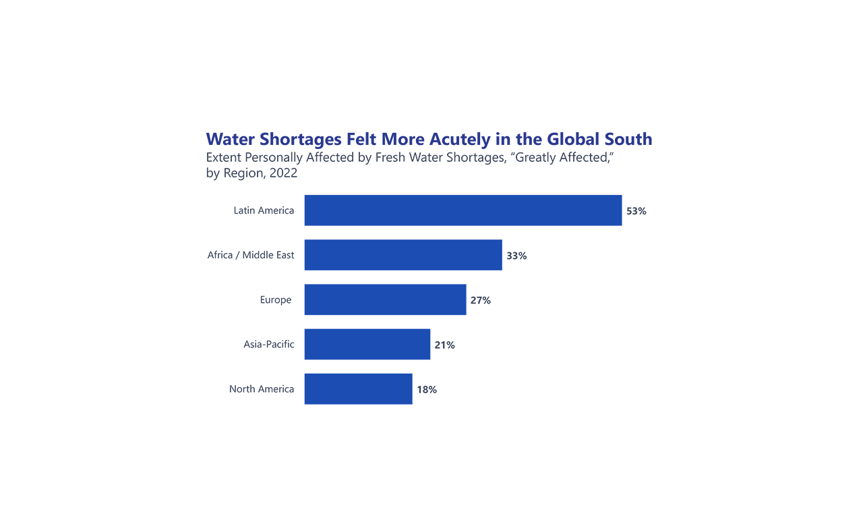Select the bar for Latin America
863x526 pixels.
click(463, 210)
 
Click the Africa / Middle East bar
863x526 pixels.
click(403, 255)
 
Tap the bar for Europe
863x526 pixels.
click(385, 299)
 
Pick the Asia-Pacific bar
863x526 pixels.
click(367, 344)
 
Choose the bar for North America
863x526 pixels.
click(358, 388)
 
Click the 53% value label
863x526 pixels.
click(636, 211)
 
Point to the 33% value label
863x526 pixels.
click(516, 256)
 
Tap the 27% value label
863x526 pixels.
click(480, 300)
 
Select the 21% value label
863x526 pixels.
click(444, 345)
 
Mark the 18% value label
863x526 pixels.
click(426, 389)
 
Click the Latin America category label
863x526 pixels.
click(264, 210)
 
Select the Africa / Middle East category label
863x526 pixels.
click(251, 255)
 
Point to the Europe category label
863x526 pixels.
click(276, 299)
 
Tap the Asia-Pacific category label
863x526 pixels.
click(269, 344)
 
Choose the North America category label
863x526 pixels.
click(262, 388)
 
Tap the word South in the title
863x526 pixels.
click(628, 140)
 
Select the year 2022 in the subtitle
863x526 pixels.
click(283, 173)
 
